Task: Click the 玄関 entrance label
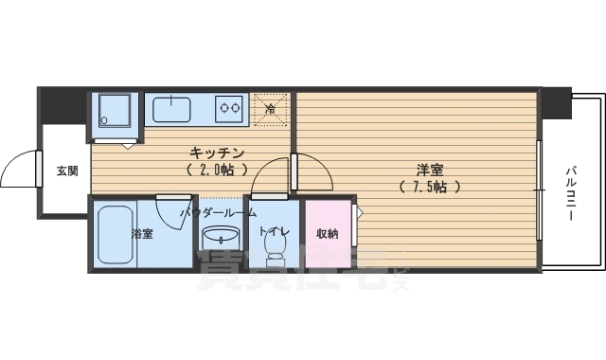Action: pyautogui.click(x=66, y=171)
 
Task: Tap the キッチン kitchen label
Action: pyautogui.click(x=218, y=153)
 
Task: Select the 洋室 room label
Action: pyautogui.click(x=430, y=171)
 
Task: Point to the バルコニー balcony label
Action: pyautogui.click(x=572, y=191)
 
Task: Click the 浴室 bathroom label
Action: pyautogui.click(x=142, y=233)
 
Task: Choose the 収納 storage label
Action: pyautogui.click(x=328, y=232)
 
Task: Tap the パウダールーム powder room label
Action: pyautogui.click(x=218, y=214)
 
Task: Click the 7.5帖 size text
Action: pyautogui.click(x=430, y=187)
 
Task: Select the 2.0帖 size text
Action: pyautogui.click(x=218, y=171)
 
